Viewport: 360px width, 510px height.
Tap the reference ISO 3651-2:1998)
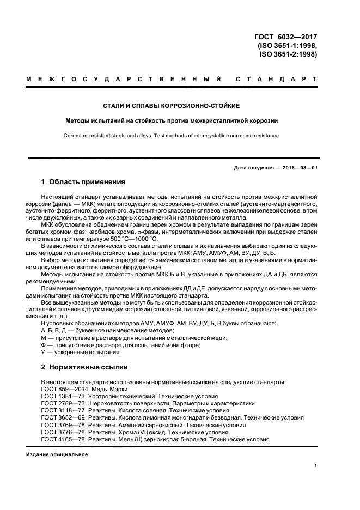(288, 54)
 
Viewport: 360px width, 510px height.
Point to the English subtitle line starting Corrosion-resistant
(171, 136)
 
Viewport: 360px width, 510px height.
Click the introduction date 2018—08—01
(297, 167)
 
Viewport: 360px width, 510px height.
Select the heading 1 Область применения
(83, 181)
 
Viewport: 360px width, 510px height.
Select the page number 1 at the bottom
(315, 466)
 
